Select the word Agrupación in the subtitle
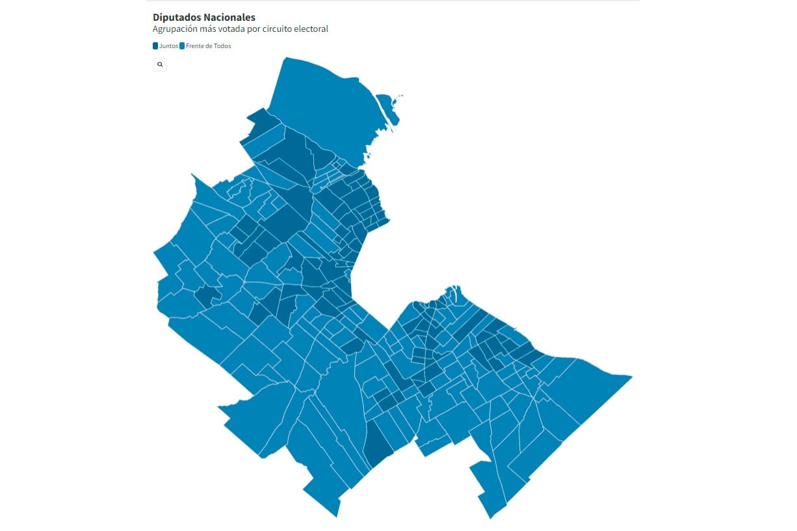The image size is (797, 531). tap(176, 29)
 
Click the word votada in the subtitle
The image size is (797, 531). tap(236, 29)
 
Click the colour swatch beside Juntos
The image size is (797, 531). tap(155, 46)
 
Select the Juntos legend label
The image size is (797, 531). tap(168, 46)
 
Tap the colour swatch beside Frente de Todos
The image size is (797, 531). tap(182, 46)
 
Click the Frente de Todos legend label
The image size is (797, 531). tap(208, 46)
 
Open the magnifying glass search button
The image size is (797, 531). tap(160, 64)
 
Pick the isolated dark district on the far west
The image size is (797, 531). tap(208, 296)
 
